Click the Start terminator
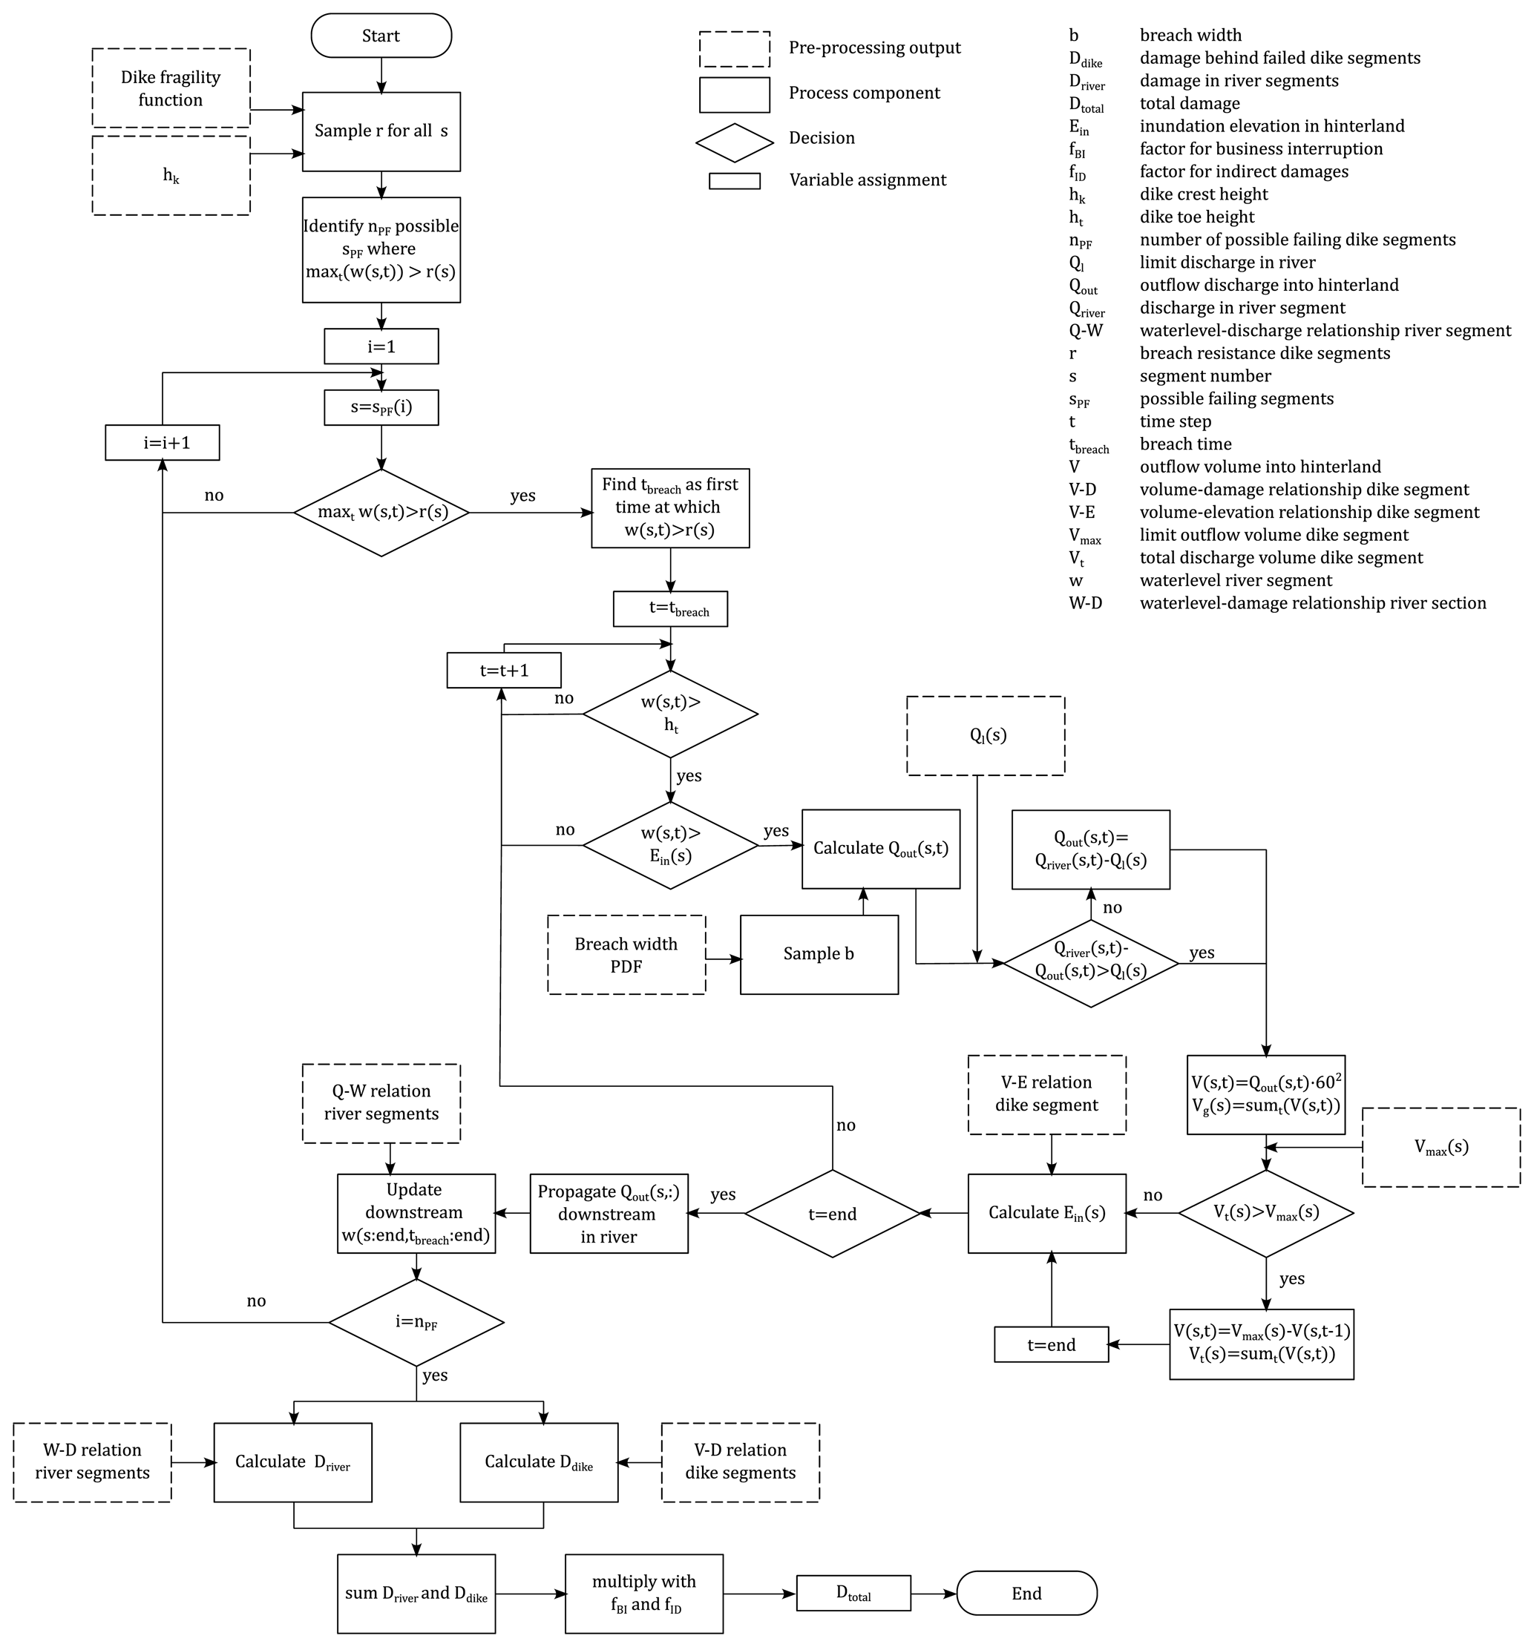click(x=381, y=36)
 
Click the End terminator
click(x=1027, y=1593)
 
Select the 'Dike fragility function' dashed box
click(x=171, y=88)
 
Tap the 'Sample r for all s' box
click(x=381, y=132)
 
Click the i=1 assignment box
click(x=381, y=346)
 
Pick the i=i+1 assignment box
click(x=163, y=442)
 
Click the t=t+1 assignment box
click(x=504, y=670)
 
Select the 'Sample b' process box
click(x=819, y=954)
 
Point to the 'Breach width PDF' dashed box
click(x=626, y=954)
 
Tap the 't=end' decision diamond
click(x=832, y=1214)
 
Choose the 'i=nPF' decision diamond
click(x=416, y=1322)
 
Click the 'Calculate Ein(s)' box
click(x=1048, y=1213)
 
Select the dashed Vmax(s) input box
click(x=1441, y=1148)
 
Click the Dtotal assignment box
click(x=853, y=1593)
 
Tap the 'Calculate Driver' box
click(x=292, y=1462)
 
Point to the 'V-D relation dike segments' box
click(x=741, y=1462)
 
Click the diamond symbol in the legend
click(x=734, y=142)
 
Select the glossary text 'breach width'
click(x=1190, y=36)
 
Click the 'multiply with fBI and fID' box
click(x=644, y=1593)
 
